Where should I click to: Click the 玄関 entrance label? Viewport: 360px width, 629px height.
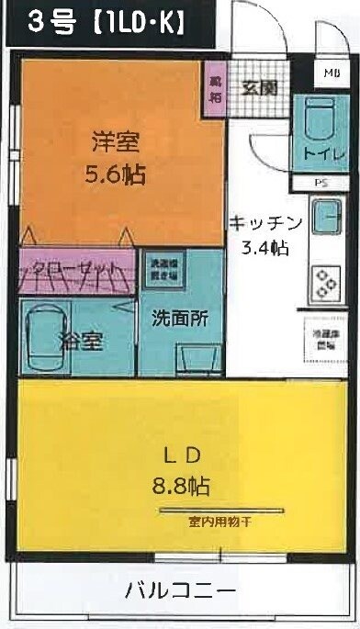(x=260, y=88)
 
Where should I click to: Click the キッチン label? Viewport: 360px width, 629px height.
(x=266, y=222)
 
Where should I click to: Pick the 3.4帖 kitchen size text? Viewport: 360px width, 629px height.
(x=266, y=247)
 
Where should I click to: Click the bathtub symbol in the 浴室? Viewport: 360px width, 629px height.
(x=42, y=333)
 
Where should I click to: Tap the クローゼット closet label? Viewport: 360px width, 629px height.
(x=71, y=270)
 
